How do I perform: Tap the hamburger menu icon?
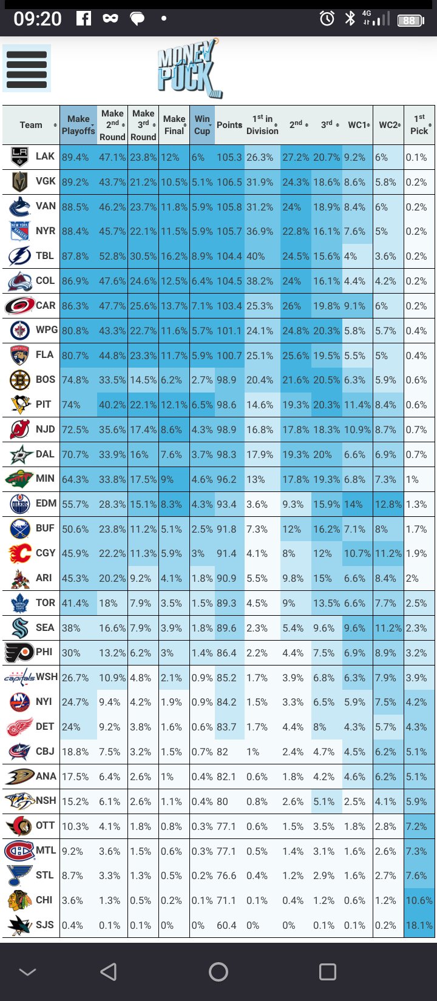coord(27,68)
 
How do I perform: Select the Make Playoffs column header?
coord(78,125)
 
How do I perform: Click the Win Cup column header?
coord(202,125)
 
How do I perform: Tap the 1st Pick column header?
coord(419,125)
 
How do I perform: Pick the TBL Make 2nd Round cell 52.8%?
coord(112,256)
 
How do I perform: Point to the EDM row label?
coord(46,504)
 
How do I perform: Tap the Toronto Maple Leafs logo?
coord(19,603)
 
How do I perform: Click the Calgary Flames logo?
coord(19,553)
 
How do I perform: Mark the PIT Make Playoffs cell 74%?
coord(72,405)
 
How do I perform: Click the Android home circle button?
coord(218,972)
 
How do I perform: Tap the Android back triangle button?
coord(109,972)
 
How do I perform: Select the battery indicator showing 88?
coord(410,20)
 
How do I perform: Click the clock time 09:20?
coord(38,19)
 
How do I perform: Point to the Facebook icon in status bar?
coord(84,19)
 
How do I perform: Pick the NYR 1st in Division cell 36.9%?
coord(260,231)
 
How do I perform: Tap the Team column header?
coord(31,125)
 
